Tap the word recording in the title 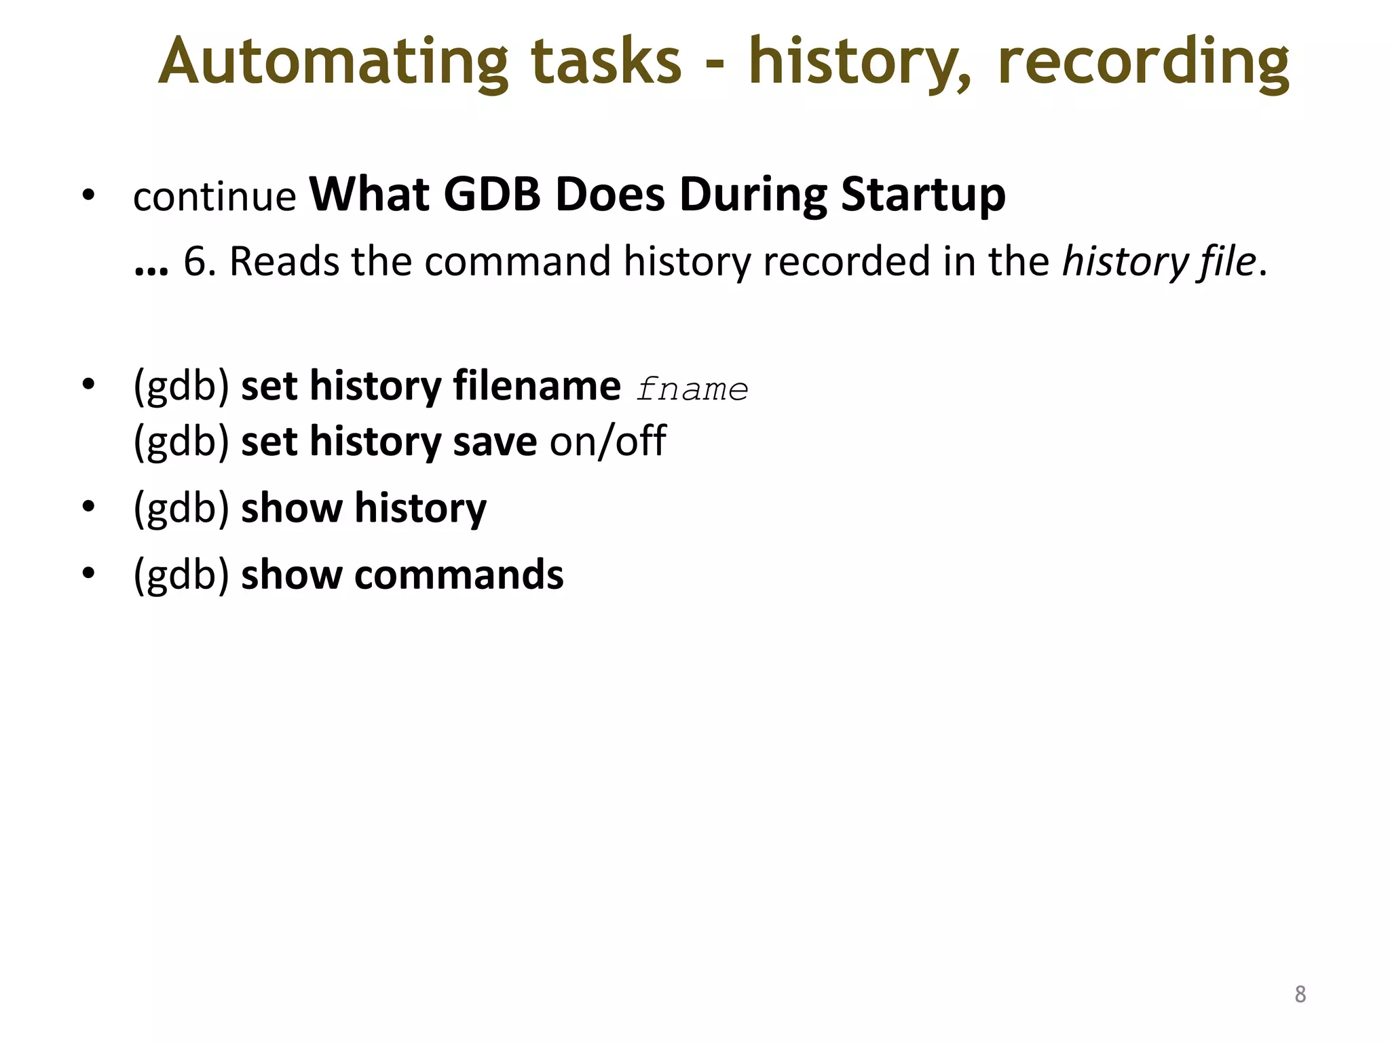click(1143, 62)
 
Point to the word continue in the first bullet click(214, 197)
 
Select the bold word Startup click(923, 195)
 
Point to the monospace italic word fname click(692, 390)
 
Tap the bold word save click(495, 442)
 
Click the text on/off click(608, 441)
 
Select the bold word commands click(459, 575)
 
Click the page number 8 click(1300, 995)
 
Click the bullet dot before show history click(88, 507)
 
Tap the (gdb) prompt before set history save click(181, 442)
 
